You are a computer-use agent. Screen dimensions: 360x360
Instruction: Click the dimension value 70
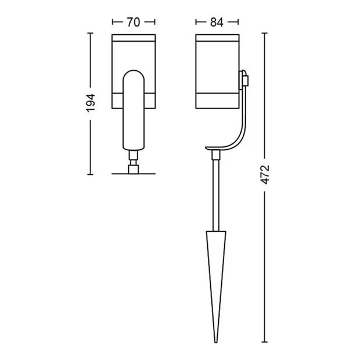(134, 22)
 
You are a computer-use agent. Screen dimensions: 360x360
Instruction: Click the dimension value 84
(217, 22)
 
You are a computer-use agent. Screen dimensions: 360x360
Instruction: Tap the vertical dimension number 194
(91, 103)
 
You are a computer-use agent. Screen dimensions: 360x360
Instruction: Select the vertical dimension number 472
(265, 175)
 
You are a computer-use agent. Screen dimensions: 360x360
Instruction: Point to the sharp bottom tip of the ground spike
(216, 343)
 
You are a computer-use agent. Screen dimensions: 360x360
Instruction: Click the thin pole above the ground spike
(216, 195)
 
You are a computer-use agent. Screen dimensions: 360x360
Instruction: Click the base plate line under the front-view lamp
(134, 174)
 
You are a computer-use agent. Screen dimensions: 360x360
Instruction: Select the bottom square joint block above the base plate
(134, 169)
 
